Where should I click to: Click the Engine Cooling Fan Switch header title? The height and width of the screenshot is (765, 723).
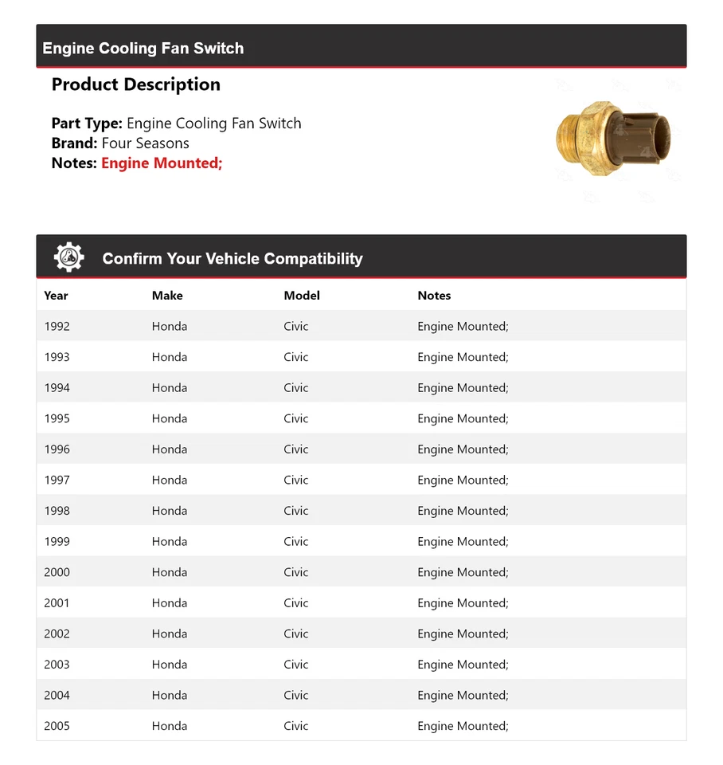click(143, 49)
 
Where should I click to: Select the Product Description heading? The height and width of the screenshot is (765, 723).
click(136, 84)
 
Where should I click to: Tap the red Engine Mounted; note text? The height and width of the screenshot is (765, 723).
click(162, 163)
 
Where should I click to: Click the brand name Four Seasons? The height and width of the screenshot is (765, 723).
click(146, 143)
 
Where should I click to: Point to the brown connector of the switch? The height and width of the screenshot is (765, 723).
click(640, 138)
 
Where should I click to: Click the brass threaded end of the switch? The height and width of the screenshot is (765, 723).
click(568, 139)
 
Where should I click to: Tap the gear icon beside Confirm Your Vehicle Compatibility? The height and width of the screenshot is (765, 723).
click(68, 257)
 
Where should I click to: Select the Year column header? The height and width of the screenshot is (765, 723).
click(56, 296)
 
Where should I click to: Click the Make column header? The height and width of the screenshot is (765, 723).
click(167, 296)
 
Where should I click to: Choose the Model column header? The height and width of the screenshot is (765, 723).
click(302, 296)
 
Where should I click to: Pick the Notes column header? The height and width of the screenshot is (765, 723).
click(434, 296)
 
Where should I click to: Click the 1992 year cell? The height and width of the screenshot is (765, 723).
click(57, 327)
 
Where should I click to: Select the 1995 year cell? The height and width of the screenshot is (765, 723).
click(57, 419)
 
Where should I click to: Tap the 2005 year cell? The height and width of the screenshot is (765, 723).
click(57, 727)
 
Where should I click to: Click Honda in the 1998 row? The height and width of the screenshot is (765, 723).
click(170, 512)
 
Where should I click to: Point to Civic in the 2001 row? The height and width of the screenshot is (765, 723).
click(295, 603)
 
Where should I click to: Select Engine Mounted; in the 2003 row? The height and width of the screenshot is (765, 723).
click(463, 665)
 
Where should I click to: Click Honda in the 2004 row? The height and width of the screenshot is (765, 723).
click(170, 696)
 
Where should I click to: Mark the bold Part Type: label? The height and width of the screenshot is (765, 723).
click(87, 124)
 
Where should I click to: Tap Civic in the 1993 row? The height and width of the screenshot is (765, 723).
click(295, 358)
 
